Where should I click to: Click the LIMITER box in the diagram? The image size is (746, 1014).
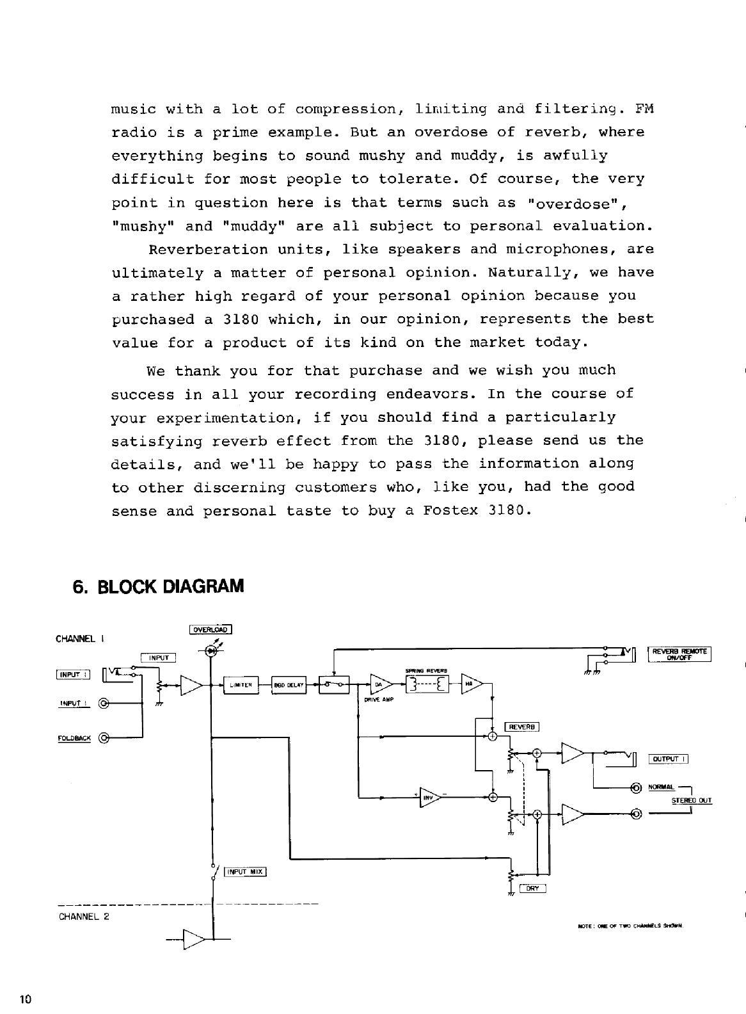pyautogui.click(x=240, y=685)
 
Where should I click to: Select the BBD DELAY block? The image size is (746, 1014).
pyautogui.click(x=289, y=685)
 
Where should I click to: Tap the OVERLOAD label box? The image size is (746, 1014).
pyautogui.click(x=210, y=629)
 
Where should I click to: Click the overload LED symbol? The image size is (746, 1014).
pyautogui.click(x=211, y=650)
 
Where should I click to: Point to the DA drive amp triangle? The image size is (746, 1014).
pyautogui.click(x=379, y=684)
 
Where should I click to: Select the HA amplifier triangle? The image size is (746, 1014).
pyautogui.click(x=472, y=684)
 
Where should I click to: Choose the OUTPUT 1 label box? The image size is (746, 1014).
pyautogui.click(x=668, y=760)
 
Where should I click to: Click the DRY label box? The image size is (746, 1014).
pyautogui.click(x=532, y=888)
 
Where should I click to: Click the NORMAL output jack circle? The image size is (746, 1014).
pyautogui.click(x=636, y=787)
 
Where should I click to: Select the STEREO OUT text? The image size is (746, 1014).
pyautogui.click(x=691, y=800)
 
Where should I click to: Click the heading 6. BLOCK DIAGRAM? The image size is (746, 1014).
pyautogui.click(x=159, y=586)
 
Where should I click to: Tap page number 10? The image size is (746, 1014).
pyautogui.click(x=26, y=999)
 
